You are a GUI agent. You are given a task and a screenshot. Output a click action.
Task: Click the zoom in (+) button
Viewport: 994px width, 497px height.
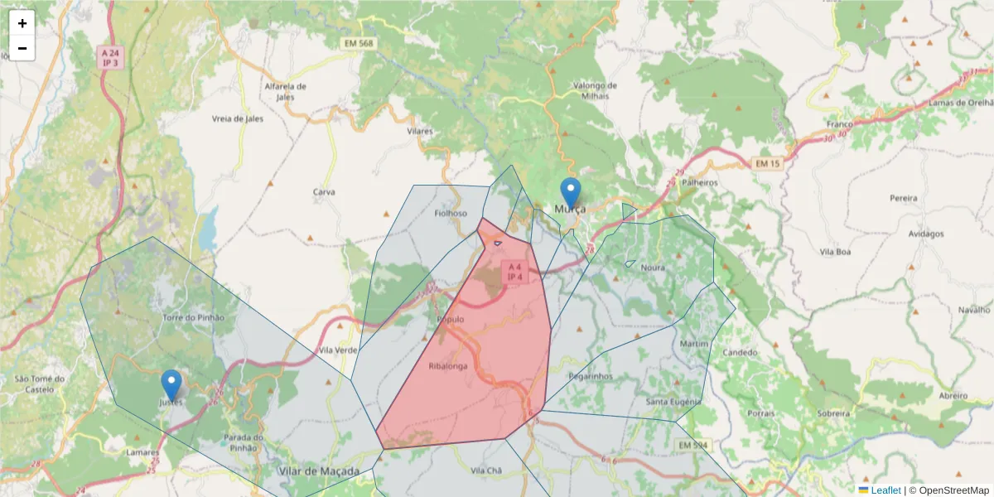(x=22, y=23)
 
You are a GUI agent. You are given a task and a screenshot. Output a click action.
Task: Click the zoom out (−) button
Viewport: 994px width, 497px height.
(x=22, y=48)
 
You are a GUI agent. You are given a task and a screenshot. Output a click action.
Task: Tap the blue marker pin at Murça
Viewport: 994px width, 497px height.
(x=571, y=194)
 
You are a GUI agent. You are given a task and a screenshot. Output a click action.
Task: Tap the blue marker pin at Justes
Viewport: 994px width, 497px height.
(x=171, y=386)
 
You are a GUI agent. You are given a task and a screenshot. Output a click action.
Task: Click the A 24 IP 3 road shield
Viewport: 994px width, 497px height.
(x=110, y=57)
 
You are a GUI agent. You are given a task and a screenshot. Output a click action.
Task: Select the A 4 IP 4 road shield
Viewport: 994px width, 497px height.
(x=514, y=272)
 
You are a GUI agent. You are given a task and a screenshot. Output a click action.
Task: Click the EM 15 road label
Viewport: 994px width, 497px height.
(x=768, y=163)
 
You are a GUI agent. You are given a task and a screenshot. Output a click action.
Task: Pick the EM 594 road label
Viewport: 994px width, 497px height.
(x=693, y=446)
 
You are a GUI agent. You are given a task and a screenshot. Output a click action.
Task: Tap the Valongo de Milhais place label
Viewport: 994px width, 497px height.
(x=595, y=90)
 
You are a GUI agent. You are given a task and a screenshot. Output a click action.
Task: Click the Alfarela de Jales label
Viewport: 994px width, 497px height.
(x=285, y=91)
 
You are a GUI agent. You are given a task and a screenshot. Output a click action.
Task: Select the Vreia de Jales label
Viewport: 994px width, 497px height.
(x=238, y=118)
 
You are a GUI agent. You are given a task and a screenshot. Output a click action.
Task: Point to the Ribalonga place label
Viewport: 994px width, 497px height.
(x=448, y=365)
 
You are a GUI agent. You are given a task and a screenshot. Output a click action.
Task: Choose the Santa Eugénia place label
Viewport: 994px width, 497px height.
(x=673, y=402)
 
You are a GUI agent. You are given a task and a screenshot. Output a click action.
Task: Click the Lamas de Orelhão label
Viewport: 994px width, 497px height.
(x=960, y=103)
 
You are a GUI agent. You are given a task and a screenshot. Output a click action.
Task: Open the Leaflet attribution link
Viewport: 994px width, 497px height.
(x=885, y=490)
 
